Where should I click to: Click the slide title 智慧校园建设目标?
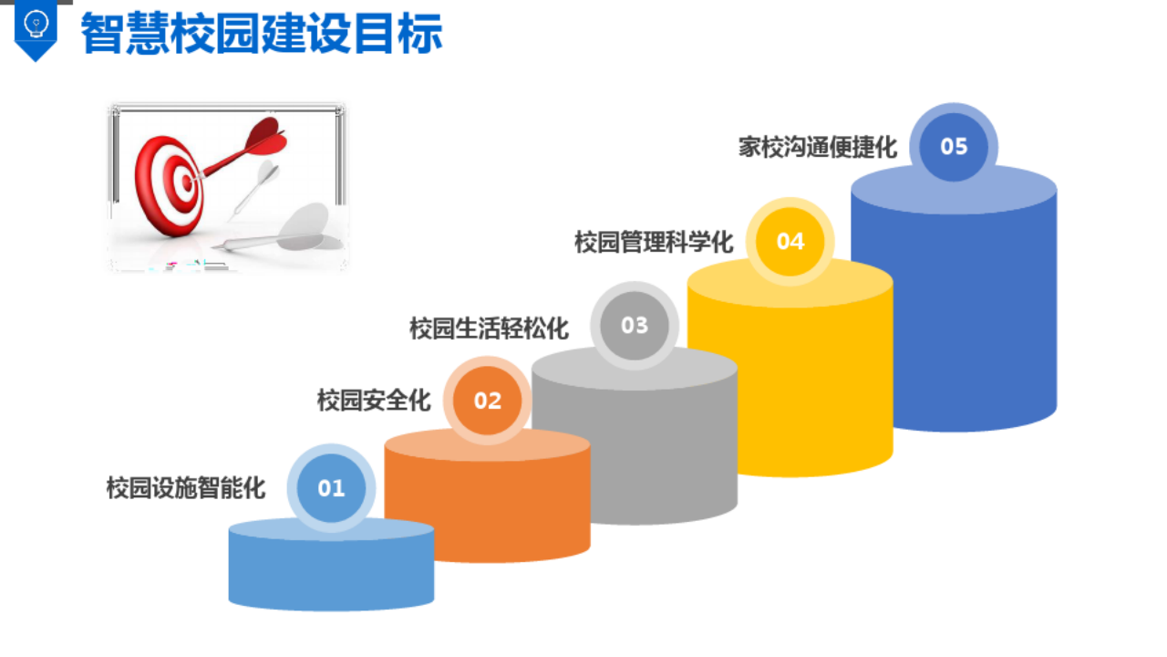(x=262, y=34)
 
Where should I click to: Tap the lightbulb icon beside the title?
(x=36, y=22)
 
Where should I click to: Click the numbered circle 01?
(x=331, y=488)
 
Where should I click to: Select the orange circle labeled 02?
(x=488, y=401)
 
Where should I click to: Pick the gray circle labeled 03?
(x=635, y=326)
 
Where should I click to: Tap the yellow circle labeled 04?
(x=790, y=241)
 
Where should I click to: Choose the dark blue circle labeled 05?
(x=954, y=147)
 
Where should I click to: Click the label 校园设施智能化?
(x=186, y=488)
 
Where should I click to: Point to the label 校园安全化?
(x=374, y=400)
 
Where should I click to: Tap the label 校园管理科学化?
(x=654, y=243)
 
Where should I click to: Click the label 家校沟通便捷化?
(x=818, y=147)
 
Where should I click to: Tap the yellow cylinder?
(x=790, y=383)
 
